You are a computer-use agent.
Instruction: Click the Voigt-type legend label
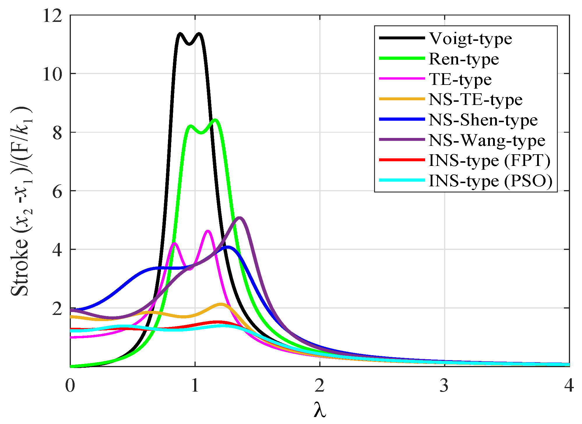pyautogui.click(x=470, y=39)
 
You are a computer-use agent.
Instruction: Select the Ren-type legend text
pyautogui.click(x=464, y=59)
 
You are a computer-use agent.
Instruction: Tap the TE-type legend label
pyautogui.click(x=460, y=80)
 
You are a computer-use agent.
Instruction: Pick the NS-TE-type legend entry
pyautogui.click(x=475, y=100)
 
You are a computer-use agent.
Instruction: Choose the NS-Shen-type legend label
pyautogui.click(x=483, y=120)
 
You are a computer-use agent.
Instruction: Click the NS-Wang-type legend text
pyautogui.click(x=487, y=141)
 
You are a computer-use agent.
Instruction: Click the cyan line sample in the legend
pyautogui.click(x=402, y=180)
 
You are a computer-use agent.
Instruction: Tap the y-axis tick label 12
pyautogui.click(x=52, y=15)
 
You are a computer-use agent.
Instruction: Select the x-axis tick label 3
pyautogui.click(x=444, y=386)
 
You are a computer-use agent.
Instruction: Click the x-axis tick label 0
pyautogui.click(x=70, y=386)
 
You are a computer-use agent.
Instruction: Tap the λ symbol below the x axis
pyautogui.click(x=320, y=410)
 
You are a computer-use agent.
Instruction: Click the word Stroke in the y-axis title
pyautogui.click(x=20, y=267)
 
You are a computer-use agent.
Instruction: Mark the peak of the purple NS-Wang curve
pyautogui.click(x=240, y=218)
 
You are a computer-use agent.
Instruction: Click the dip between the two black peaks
pyautogui.click(x=190, y=44)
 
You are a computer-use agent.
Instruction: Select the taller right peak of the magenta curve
pyautogui.click(x=208, y=231)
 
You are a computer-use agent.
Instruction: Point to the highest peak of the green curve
pyautogui.click(x=215, y=120)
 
